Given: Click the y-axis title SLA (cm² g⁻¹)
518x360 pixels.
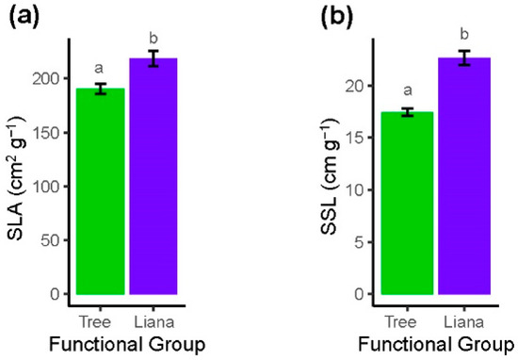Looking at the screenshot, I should coord(18,169).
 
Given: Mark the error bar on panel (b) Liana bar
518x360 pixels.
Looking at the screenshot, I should coord(462,58).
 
